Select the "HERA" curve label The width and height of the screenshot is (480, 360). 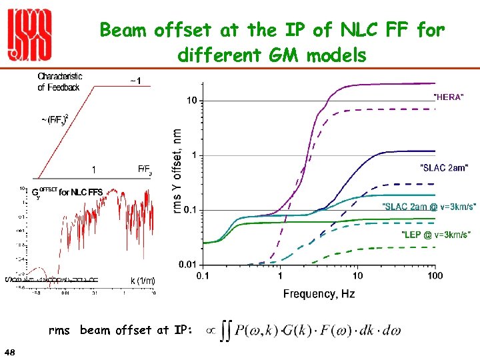pos(449,97)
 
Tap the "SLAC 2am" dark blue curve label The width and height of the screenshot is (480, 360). pos(443,167)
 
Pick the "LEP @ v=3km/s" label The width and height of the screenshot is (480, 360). pos(436,234)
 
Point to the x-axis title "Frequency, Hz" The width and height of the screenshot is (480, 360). pos(319,294)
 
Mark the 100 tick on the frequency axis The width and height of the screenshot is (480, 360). pos(435,275)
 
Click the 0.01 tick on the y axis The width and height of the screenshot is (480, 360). pos(187,265)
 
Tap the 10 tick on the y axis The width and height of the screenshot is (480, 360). pos(191,101)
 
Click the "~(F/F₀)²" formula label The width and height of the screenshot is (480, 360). pos(55,119)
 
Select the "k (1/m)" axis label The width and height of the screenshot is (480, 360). pos(142,281)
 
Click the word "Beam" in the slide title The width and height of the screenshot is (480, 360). pos(124,30)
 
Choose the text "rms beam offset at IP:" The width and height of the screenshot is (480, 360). pos(121,330)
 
